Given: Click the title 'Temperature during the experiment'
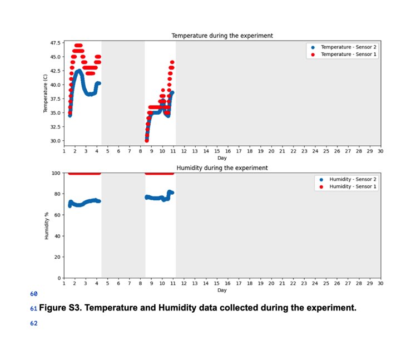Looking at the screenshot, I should [x=222, y=36].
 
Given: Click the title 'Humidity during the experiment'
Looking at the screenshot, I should [x=222, y=167].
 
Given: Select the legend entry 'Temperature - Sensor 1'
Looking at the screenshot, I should [x=349, y=54].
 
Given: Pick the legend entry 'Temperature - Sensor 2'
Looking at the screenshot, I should [x=349, y=47].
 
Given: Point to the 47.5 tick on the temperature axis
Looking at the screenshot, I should [x=56, y=43].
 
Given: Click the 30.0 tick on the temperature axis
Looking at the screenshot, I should [x=56, y=141].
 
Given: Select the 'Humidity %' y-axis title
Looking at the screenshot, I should [x=46, y=225].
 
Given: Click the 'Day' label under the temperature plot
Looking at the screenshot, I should [x=222, y=158].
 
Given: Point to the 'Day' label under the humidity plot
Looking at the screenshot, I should [x=222, y=290].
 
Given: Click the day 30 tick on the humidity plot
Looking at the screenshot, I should [x=380, y=283].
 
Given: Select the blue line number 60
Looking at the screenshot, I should [x=33, y=293].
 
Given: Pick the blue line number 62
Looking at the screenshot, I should [x=33, y=323].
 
